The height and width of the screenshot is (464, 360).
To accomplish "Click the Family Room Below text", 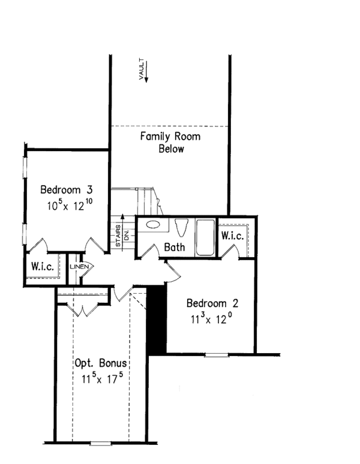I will click(x=170, y=143).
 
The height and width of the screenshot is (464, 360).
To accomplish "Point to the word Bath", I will click(x=175, y=248).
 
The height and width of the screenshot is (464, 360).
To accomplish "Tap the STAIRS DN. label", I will click(x=122, y=236).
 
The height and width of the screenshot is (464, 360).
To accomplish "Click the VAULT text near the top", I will click(x=142, y=69).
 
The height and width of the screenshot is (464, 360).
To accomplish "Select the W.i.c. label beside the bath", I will click(x=232, y=236).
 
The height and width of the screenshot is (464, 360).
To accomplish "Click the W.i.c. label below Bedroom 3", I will click(x=43, y=267).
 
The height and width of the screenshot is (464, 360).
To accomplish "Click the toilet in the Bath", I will click(x=183, y=228).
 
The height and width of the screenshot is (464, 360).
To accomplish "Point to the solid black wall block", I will click(x=157, y=320).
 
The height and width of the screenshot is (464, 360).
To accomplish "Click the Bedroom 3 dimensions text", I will click(x=70, y=205).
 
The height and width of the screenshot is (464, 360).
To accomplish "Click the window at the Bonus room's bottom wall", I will click(x=101, y=444).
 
